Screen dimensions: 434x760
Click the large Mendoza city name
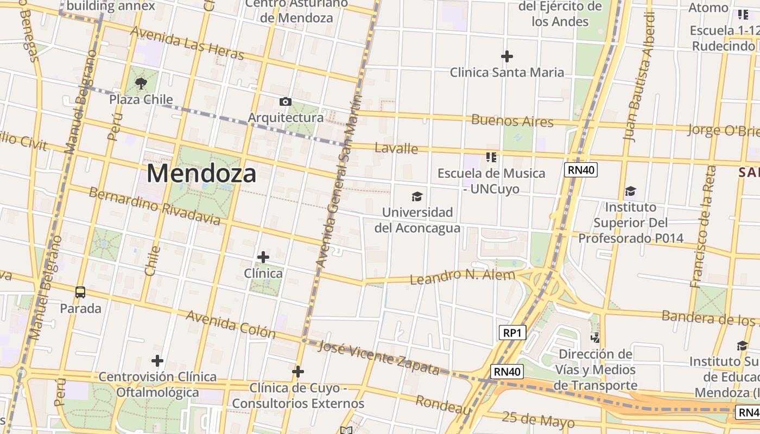[x=201, y=174]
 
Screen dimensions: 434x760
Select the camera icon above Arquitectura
[x=285, y=102]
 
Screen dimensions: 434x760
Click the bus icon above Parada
[x=80, y=292]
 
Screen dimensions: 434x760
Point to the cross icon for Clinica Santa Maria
[x=507, y=56]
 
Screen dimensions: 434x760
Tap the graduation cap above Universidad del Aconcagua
[x=417, y=196]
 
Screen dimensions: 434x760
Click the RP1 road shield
[x=512, y=333]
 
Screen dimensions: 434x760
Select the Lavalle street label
[x=396, y=148]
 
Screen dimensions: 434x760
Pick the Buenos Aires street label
[x=512, y=120]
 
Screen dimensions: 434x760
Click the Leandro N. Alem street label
[x=462, y=277]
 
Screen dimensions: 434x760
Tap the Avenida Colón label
[x=231, y=324]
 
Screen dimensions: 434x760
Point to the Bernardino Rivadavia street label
[x=155, y=206]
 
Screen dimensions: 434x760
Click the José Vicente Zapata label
[x=378, y=358]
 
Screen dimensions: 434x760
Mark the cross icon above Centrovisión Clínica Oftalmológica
[x=157, y=361]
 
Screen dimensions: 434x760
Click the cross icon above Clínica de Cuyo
[x=297, y=372]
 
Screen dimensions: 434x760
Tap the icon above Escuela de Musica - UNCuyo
[x=491, y=157]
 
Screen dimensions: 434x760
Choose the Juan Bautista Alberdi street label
[x=639, y=76]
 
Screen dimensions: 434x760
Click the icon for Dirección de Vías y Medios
[x=596, y=338]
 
